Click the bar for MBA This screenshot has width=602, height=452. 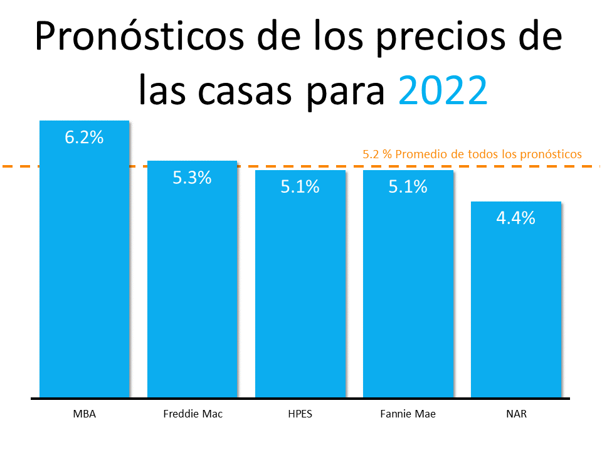click(84, 264)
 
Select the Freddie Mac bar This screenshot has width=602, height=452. click(192, 282)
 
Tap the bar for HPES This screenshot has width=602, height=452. click(300, 289)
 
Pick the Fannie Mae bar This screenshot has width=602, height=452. click(408, 289)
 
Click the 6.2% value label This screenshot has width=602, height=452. click(84, 137)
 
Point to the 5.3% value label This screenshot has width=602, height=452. click(192, 178)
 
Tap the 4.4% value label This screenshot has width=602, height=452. click(515, 218)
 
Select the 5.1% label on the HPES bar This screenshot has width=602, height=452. click(300, 186)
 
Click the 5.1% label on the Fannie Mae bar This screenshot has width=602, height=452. click(408, 186)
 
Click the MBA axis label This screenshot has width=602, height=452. click(84, 414)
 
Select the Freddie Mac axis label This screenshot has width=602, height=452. click(193, 414)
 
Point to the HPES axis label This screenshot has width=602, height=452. click(300, 414)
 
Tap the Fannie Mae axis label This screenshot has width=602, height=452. click(408, 414)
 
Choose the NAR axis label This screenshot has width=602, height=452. click(515, 414)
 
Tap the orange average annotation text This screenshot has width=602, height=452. click(472, 153)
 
